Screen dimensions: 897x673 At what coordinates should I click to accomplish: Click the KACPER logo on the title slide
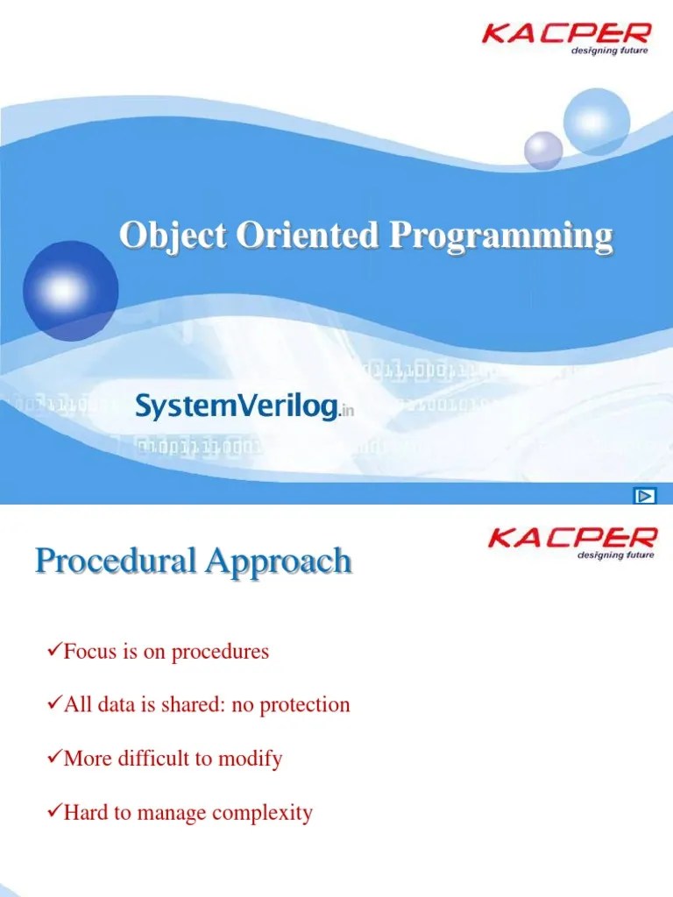pyautogui.click(x=567, y=34)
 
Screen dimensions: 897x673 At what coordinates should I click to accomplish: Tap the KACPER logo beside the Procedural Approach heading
pyautogui.click(x=570, y=537)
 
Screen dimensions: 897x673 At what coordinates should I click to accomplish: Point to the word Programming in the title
pyautogui.click(x=500, y=237)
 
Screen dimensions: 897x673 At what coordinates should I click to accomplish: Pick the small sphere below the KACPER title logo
pyautogui.click(x=542, y=150)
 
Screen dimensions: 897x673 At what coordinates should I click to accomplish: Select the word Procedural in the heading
pyautogui.click(x=115, y=562)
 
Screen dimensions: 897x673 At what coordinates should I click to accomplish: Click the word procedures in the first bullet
pyautogui.click(x=220, y=653)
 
